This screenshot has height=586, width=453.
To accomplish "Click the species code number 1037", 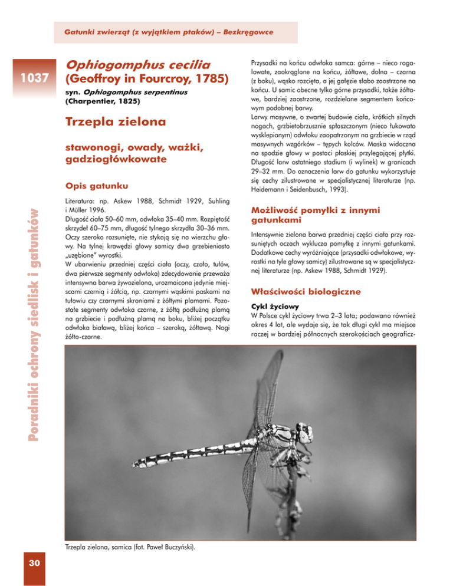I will (x=30, y=77).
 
